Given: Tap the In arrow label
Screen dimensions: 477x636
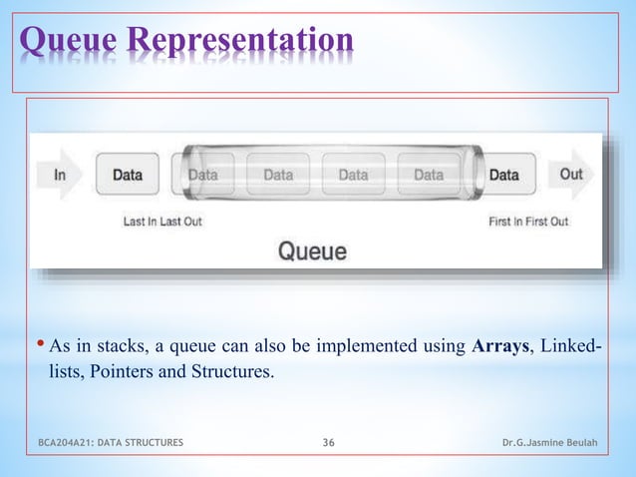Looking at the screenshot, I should coord(61,175).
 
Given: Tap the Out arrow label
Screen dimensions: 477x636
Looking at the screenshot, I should coord(570,174).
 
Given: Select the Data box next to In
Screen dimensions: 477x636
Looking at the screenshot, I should coord(127,175).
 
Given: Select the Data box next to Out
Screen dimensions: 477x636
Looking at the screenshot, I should coord(503,175).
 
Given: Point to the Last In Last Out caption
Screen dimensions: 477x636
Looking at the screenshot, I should coord(162,222).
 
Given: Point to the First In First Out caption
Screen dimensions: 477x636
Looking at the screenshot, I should coord(528,222).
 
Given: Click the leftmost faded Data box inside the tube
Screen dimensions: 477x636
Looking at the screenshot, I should coord(203,175).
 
